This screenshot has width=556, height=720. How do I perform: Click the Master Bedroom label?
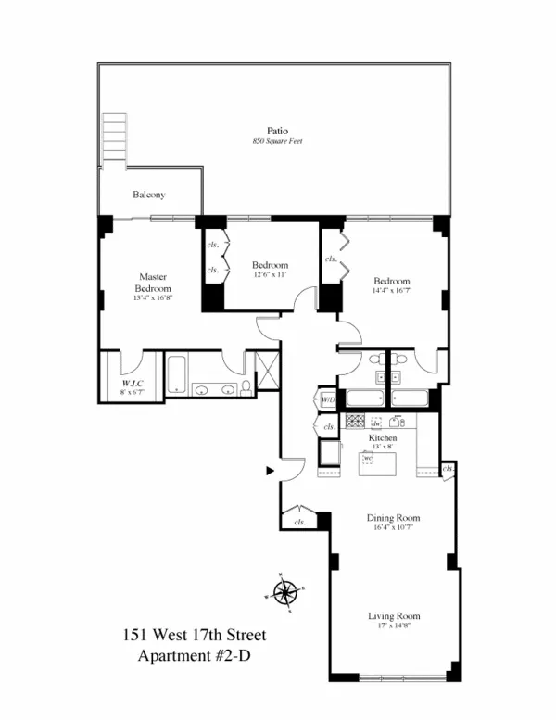pyautogui.click(x=152, y=283)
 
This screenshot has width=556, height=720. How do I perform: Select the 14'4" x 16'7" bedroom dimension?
pyautogui.click(x=391, y=292)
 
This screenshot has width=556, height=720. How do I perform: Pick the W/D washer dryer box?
pyautogui.click(x=328, y=400)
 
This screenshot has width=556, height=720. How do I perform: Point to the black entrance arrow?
pyautogui.click(x=270, y=471)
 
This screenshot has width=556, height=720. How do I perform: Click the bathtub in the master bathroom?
pyautogui.click(x=176, y=376)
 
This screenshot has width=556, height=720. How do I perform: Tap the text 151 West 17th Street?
pyautogui.click(x=194, y=636)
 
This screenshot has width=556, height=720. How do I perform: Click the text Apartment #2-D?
pyautogui.click(x=194, y=656)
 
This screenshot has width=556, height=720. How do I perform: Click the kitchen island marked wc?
pyautogui.click(x=377, y=461)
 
